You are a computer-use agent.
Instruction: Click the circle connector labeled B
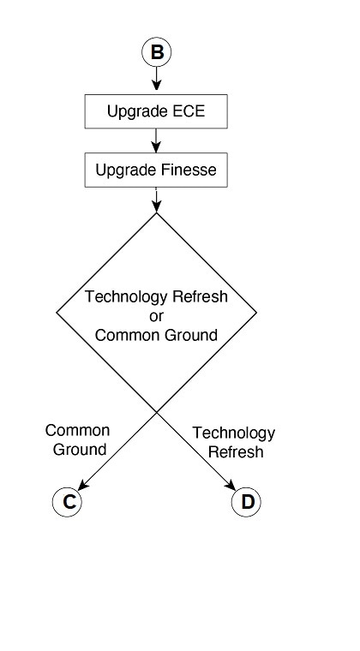point(156,53)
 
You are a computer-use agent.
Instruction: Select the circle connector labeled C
point(67,502)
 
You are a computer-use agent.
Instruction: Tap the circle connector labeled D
point(247,502)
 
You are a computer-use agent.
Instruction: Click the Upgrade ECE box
point(156,111)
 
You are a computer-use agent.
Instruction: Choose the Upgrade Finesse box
point(156,170)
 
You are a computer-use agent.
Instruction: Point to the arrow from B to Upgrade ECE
point(156,79)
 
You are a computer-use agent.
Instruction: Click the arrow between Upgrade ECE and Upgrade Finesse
point(156,140)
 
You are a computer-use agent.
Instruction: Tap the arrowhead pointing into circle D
point(231,486)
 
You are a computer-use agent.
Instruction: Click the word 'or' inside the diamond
point(156,316)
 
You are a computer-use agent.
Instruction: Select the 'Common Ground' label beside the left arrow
point(77,439)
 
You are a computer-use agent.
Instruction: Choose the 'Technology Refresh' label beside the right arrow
point(234,442)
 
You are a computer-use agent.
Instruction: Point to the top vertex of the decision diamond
point(156,213)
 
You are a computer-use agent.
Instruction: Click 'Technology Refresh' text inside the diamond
point(156,297)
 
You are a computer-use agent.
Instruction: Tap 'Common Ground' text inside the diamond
point(156,335)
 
